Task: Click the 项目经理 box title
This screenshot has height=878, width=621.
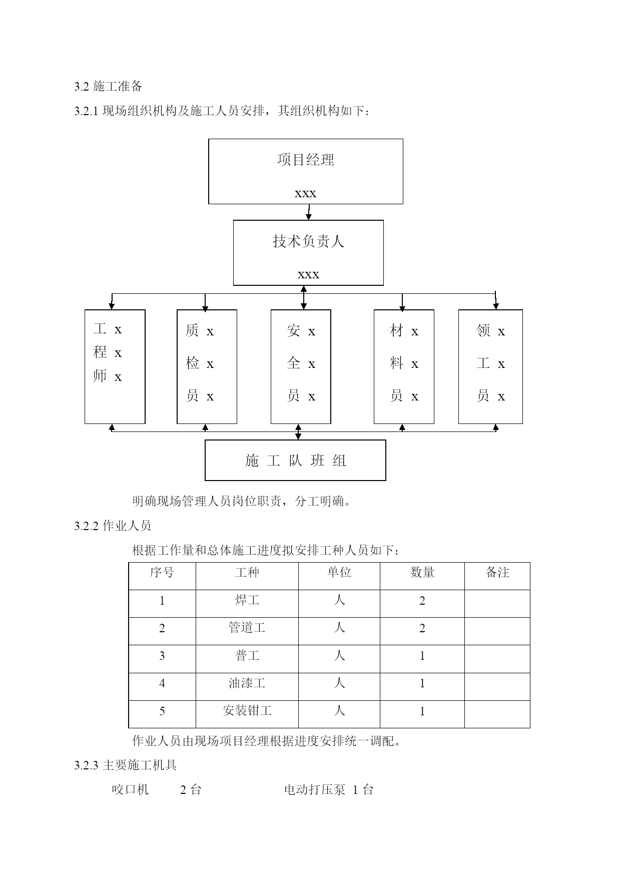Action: pos(306,160)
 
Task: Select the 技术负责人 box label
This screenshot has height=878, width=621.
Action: pos(308,241)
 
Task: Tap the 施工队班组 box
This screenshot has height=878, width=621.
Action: pos(295,460)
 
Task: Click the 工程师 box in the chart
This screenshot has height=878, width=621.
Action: pos(115,366)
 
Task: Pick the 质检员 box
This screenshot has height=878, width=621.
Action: pos(207,366)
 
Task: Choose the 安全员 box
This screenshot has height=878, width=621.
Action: pos(301,366)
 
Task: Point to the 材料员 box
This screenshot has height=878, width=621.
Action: pos(404,366)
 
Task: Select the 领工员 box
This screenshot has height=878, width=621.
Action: pos(490,366)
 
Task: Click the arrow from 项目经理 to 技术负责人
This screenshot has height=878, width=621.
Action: pos(309,212)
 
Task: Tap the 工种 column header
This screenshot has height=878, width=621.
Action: pos(247,573)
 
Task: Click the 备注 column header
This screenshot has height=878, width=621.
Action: pos(497,573)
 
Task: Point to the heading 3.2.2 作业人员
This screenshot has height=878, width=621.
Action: pos(113,526)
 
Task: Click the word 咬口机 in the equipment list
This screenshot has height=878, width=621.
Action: pos(130,790)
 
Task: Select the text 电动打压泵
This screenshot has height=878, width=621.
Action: pos(315,790)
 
